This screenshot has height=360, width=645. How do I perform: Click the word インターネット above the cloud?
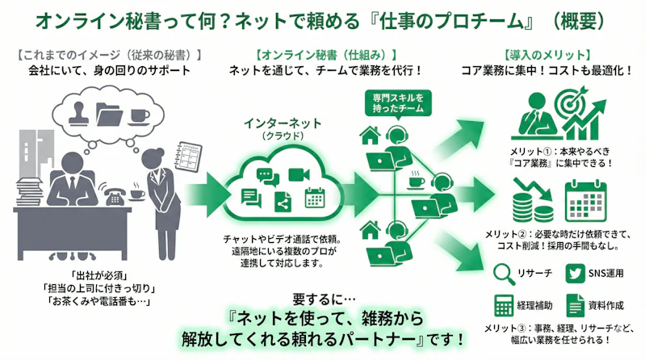coord(283,123)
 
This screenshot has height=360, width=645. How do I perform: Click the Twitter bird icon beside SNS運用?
coord(575,274)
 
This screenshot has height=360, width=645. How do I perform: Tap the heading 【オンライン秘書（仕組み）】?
coord(325,54)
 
